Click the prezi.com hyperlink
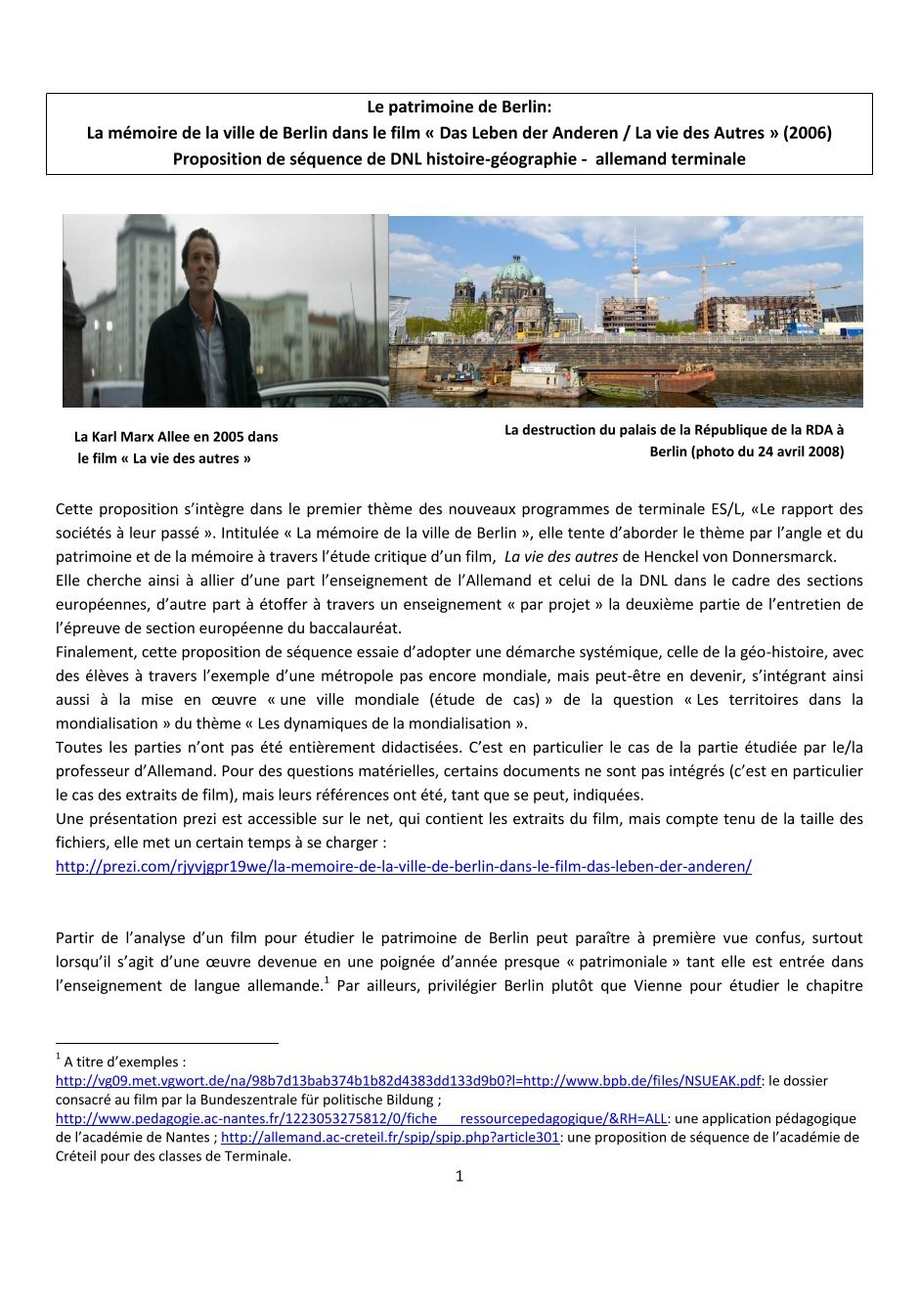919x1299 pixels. click(x=403, y=867)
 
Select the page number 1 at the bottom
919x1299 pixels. click(x=459, y=1176)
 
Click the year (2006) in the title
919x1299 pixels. click(x=807, y=133)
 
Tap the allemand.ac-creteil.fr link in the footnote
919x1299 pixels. click(x=390, y=1138)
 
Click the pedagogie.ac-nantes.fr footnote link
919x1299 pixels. click(x=361, y=1118)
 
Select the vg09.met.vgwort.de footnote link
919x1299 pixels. click(x=408, y=1081)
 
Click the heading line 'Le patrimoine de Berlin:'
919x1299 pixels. click(x=459, y=107)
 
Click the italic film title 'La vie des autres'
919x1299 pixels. click(x=561, y=557)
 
